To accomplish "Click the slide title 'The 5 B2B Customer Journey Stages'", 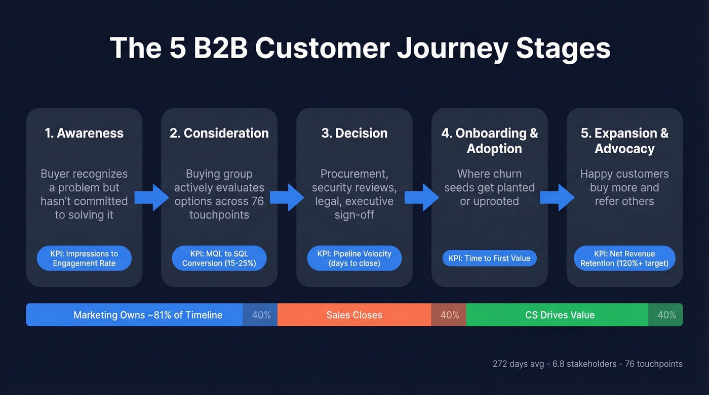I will pos(360,49).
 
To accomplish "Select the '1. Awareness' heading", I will pos(84,133).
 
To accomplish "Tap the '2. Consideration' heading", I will pos(219,133).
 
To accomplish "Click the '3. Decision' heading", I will pos(354,133).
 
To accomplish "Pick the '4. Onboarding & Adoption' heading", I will pos(489,141).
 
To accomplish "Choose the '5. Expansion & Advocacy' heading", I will pos(624,141).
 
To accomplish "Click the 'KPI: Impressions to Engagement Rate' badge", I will pos(84,258).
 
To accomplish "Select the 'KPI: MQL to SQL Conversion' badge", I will pos(219,258).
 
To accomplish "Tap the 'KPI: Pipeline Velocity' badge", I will pos(354,258).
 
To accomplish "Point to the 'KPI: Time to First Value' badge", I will pos(489,258).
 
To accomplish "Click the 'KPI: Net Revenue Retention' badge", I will pos(624,258).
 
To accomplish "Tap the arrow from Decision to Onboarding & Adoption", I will pos(422,197).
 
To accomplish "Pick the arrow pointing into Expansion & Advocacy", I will pos(557,197).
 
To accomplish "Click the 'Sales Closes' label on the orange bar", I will pos(354,315).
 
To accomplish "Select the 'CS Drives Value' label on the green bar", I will pos(560,315).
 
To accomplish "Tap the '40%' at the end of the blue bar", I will pos(261,315).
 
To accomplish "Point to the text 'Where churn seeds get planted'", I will pos(489,181).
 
